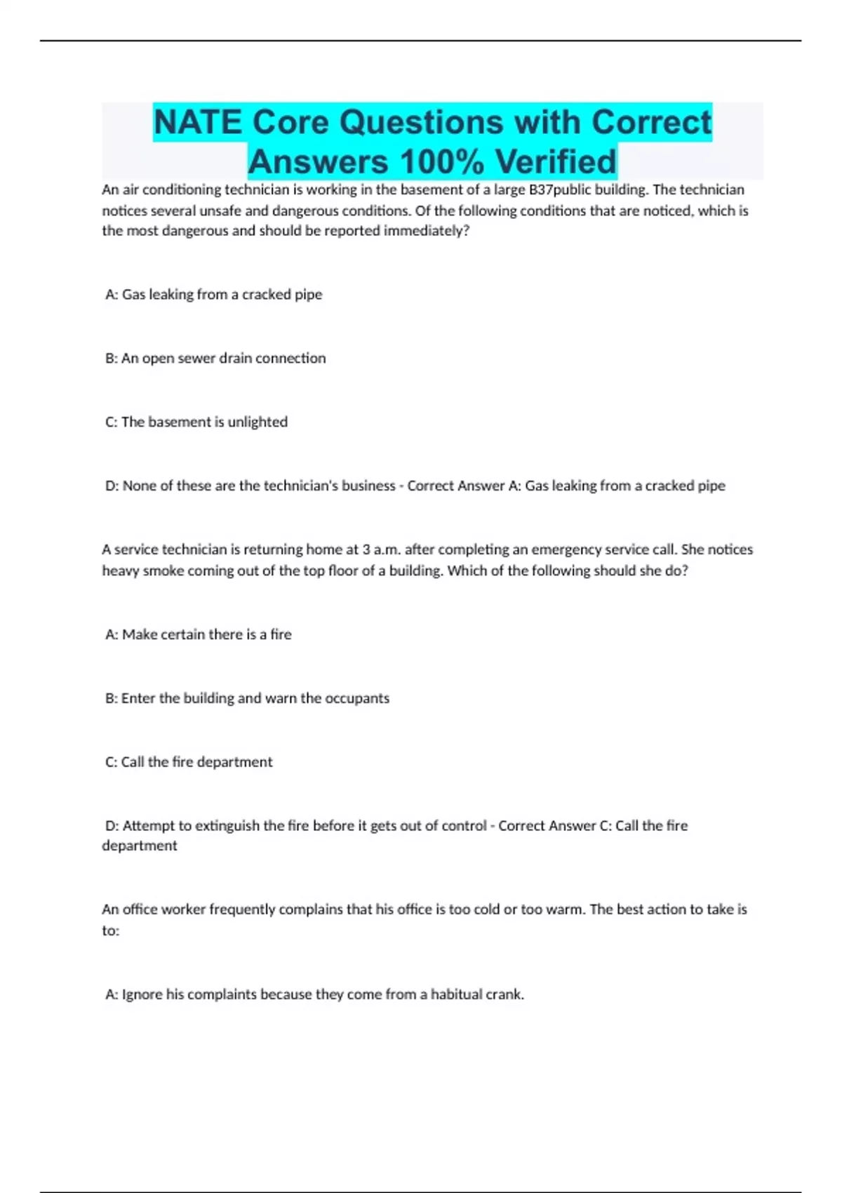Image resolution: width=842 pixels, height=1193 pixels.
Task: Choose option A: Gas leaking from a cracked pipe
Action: click(x=213, y=295)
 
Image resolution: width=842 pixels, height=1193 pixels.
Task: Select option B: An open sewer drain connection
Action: click(x=215, y=359)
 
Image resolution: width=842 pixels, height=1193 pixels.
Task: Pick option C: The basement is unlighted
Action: click(x=196, y=422)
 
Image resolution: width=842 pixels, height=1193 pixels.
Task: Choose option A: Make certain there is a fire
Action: click(x=198, y=634)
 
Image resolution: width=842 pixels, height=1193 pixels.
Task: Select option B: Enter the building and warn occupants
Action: click(x=247, y=698)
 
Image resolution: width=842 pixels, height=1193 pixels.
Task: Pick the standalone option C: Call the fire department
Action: click(x=189, y=762)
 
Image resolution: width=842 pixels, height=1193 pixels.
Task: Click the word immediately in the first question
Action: click(x=426, y=231)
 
